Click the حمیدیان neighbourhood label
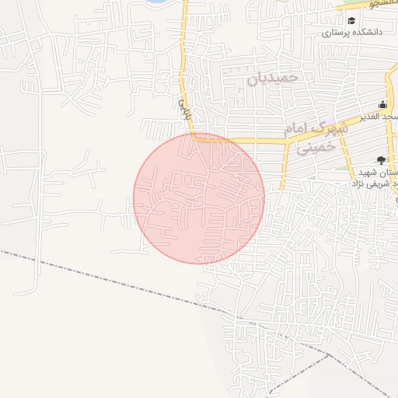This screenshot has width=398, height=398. point(271,79)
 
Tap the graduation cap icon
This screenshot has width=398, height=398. point(351,21)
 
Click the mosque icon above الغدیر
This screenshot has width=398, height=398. point(382,105)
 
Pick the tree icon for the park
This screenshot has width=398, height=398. point(380,159)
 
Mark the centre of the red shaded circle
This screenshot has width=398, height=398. point(199,198)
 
